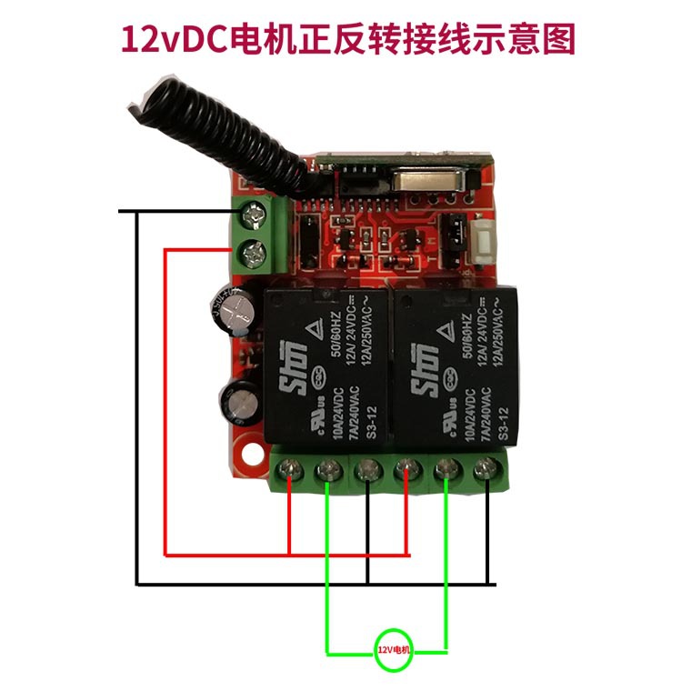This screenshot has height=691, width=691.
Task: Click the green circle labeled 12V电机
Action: coord(394,650)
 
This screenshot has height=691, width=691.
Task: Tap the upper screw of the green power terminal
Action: coord(252,215)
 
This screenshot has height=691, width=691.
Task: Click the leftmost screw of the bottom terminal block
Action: coord(289,470)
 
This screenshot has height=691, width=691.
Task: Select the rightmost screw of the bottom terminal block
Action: coord(485,470)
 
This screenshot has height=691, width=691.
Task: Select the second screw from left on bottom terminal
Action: coord(328,470)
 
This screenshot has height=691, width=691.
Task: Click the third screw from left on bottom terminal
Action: coord(367,470)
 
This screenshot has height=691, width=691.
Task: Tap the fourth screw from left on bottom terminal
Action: coord(406,470)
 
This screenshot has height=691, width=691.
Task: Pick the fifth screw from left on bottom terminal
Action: coord(446,470)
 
